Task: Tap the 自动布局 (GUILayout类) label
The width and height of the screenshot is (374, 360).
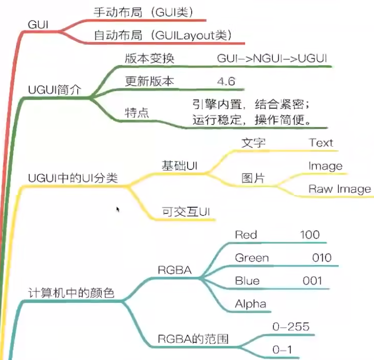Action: [162, 35]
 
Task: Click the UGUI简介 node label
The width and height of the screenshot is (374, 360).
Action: [55, 90]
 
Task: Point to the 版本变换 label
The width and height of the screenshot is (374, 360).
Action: [149, 58]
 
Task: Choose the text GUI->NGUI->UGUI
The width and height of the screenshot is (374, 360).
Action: [272, 58]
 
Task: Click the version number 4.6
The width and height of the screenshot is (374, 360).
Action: [226, 81]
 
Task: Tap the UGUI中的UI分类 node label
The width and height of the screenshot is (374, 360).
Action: [73, 178]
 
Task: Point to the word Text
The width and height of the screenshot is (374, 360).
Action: [320, 143]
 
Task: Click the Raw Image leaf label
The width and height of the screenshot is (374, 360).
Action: [339, 189]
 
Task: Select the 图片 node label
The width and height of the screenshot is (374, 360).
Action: [253, 178]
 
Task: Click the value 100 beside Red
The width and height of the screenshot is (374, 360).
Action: [310, 235]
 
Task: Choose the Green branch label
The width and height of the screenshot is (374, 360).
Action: [252, 258]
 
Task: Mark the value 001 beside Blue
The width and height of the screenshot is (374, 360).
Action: [312, 281]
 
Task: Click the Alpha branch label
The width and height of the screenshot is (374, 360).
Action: [250, 304]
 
